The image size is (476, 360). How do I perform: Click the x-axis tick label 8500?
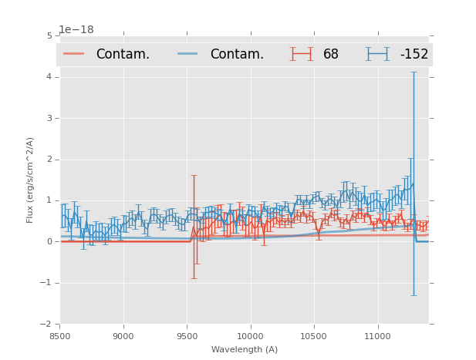point(59,336)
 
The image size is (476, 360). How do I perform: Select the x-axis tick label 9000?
point(123,336)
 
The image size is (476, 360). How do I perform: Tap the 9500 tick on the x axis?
point(187,336)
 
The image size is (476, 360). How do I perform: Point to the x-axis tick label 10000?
point(250,336)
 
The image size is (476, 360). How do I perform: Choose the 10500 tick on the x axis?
point(314,336)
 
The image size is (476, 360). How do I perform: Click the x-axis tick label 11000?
point(377,336)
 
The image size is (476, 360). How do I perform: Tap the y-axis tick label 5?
point(49,35)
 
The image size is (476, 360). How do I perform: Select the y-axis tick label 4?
point(49,77)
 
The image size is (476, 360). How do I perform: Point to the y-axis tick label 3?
point(49,118)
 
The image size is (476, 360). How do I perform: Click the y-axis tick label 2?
point(49,160)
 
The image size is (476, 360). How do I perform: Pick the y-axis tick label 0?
point(49,241)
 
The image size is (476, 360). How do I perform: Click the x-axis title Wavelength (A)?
point(245,349)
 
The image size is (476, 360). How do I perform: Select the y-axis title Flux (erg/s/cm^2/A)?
point(31,180)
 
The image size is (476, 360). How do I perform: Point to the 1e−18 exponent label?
point(76,30)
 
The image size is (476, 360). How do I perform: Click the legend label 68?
point(331,54)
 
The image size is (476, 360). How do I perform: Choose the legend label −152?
point(414,54)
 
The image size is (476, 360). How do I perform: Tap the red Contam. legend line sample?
point(73,54)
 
